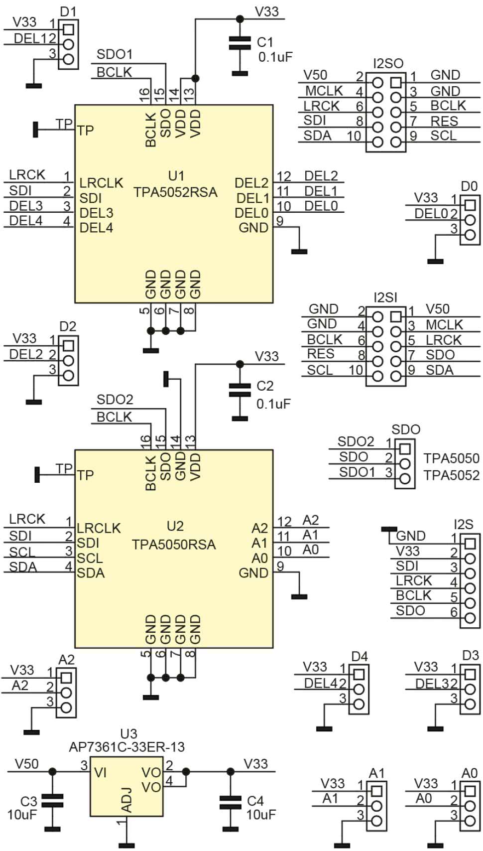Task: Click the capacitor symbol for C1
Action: click(x=240, y=43)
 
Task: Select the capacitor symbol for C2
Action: click(x=240, y=390)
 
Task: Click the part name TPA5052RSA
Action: click(x=175, y=192)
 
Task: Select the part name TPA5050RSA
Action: click(x=174, y=544)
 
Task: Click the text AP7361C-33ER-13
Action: click(x=127, y=747)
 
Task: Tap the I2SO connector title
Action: click(x=388, y=64)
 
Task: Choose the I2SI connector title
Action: click(x=385, y=297)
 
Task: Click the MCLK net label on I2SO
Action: click(x=324, y=91)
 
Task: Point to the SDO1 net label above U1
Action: click(x=115, y=54)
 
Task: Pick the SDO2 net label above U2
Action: click(x=115, y=400)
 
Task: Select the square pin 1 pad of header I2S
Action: click(x=470, y=544)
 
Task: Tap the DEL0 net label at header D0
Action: click(x=431, y=214)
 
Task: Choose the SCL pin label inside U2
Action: click(x=90, y=558)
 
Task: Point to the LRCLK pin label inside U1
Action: click(x=101, y=183)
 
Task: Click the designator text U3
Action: click(x=128, y=733)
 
